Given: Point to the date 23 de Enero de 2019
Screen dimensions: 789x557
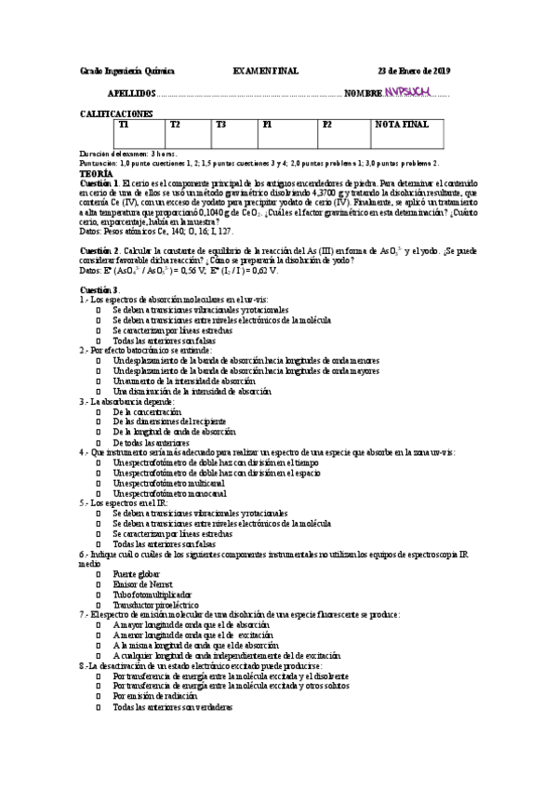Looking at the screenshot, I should click(413, 72).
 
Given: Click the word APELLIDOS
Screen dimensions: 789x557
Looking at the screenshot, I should click(132, 94).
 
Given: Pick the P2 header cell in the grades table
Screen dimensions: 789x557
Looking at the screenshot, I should click(326, 124).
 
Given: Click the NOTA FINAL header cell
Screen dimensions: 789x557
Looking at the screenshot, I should click(401, 124).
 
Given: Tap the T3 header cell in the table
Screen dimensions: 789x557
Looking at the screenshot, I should click(220, 124).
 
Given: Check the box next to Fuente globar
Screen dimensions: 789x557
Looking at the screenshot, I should click(99, 575).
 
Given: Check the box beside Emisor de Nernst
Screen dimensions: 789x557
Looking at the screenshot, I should click(99, 584).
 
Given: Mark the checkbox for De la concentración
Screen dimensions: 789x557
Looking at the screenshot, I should click(99, 411).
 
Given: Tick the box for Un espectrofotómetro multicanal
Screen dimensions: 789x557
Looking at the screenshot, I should click(99, 482).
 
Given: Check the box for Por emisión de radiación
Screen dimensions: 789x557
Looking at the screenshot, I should click(99, 695).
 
